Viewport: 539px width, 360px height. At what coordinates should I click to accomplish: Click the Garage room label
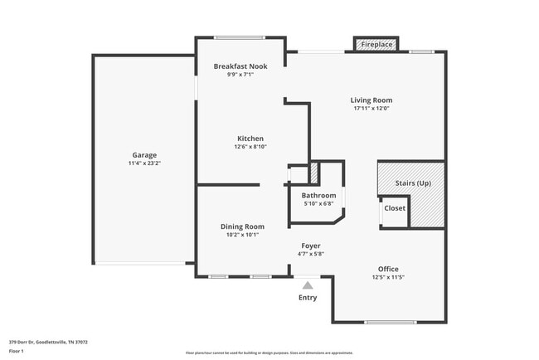[x=144, y=155]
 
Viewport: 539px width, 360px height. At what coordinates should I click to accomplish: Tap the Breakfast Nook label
[x=240, y=66]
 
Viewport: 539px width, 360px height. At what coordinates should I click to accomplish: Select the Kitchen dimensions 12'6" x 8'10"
[x=250, y=147]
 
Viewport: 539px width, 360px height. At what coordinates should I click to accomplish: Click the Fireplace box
[x=376, y=44]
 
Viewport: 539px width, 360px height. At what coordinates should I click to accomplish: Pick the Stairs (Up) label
[x=413, y=182]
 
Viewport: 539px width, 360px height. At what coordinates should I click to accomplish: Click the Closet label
[x=395, y=208]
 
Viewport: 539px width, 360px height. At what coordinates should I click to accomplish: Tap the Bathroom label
[x=318, y=195]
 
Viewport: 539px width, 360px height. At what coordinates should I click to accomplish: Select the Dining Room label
[x=242, y=226]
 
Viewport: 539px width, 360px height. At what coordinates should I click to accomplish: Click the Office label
[x=388, y=269]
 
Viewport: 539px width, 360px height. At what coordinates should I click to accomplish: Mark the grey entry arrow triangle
[x=308, y=285]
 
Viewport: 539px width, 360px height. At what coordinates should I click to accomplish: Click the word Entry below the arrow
[x=308, y=297]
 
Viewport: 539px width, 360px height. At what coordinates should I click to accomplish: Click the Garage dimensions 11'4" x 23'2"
[x=144, y=163]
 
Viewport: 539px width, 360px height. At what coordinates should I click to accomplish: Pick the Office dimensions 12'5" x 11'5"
[x=388, y=277]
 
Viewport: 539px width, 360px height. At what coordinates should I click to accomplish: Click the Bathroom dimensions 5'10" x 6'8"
[x=318, y=203]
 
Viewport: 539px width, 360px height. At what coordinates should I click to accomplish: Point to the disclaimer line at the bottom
[x=269, y=353]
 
